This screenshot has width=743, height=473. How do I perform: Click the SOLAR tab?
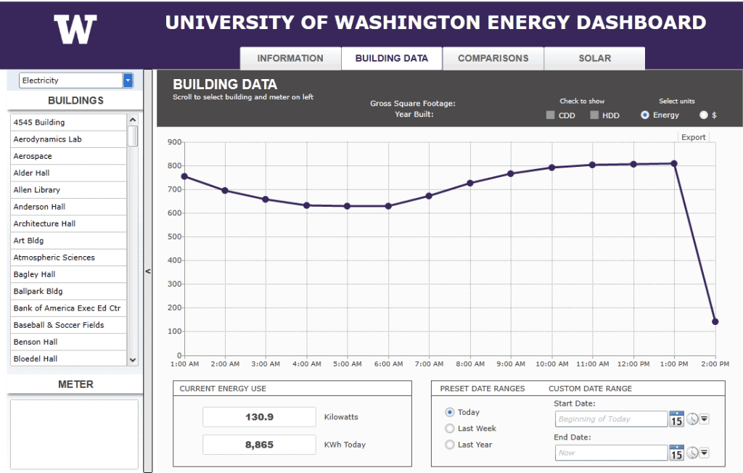[x=594, y=59]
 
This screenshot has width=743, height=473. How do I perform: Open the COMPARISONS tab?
[x=493, y=59]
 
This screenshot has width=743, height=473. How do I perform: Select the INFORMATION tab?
[x=290, y=59]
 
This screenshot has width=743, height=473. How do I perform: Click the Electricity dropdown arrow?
[x=128, y=81]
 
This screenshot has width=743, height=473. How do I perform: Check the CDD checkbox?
[x=551, y=115]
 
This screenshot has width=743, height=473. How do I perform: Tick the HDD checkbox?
[x=594, y=115]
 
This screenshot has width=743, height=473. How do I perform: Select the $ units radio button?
[x=703, y=115]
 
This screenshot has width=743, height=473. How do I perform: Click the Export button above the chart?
[x=693, y=137]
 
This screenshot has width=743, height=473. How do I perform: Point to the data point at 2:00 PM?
[x=715, y=321]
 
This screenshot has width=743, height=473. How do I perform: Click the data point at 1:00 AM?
[x=184, y=176]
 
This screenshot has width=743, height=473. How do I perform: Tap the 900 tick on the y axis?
[x=173, y=142]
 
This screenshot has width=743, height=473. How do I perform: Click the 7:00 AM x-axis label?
[x=429, y=363]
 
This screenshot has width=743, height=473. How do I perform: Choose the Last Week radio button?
[x=450, y=429]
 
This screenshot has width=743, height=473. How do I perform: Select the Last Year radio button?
[x=450, y=445]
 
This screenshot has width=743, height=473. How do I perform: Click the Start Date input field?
[x=611, y=419]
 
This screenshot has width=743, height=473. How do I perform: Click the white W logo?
[x=75, y=30]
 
